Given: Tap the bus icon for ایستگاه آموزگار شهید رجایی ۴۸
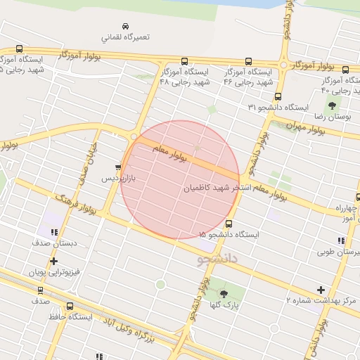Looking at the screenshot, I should (x=184, y=61).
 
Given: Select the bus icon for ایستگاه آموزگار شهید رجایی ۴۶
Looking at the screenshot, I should (x=249, y=61).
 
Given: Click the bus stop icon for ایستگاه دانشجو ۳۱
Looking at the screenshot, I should (x=278, y=96).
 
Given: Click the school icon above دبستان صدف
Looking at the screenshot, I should (x=53, y=232).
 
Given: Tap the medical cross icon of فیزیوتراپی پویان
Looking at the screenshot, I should (x=53, y=261).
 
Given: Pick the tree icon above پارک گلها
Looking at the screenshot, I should (x=224, y=293).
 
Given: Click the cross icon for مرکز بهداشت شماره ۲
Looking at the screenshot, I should (x=321, y=290).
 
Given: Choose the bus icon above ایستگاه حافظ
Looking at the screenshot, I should (x=70, y=306).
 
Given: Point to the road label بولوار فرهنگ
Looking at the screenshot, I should (x=75, y=200).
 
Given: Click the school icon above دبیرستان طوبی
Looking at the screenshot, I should (x=341, y=240).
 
